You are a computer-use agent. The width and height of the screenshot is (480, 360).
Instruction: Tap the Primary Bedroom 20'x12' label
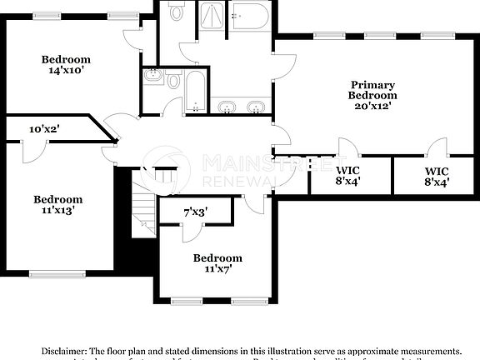coord(372,95)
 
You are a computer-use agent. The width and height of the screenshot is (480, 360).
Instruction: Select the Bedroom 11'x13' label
coord(57,205)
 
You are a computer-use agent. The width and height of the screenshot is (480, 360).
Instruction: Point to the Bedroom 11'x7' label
coord(217,263)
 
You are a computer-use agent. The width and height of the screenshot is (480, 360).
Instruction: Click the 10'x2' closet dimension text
coord(43,129)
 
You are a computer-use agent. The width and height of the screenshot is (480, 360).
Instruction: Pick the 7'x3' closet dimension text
coord(195,213)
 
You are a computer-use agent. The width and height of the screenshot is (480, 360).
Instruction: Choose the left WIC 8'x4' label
coord(348,176)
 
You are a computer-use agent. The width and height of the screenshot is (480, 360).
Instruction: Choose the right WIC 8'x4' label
coord(436,176)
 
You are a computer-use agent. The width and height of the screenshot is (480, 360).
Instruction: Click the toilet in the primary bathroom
coord(177,12)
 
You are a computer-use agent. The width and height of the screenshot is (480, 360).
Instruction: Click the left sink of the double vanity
coord(227,106)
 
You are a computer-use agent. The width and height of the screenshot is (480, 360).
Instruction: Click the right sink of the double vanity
coord(257,106)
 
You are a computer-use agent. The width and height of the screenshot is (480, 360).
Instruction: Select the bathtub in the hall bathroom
coord(196,92)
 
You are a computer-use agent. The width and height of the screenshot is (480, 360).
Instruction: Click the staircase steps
coord(143,212)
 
